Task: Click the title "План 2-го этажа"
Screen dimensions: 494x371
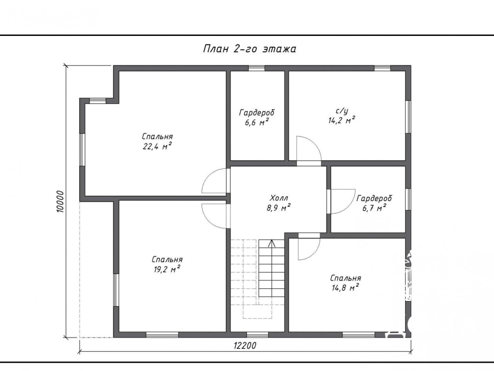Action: pos(250,49)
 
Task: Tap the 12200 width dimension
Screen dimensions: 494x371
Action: pos(245,346)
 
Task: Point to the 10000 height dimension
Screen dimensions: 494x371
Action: pos(60,201)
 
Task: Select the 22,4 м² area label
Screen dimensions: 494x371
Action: pos(157,146)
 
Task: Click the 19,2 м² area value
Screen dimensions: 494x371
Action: pos(167,269)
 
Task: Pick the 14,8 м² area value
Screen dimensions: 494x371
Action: pos(345,287)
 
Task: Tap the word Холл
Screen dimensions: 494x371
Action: pos(279,198)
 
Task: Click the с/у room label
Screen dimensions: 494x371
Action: pos(342,111)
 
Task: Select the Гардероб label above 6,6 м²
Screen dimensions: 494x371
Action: pos(257,113)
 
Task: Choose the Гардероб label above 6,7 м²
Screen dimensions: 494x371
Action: pos(374,198)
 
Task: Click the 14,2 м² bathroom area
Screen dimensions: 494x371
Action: pos(342,120)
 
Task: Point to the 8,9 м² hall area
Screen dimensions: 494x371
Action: pos(279,208)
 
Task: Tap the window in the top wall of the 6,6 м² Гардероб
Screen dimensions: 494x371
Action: pos(257,68)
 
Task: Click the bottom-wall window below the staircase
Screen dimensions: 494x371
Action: pos(258,335)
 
